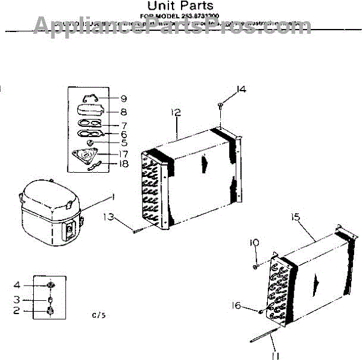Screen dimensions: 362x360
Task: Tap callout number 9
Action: point(123,99)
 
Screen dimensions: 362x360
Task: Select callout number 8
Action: point(123,112)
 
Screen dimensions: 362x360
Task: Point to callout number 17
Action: point(122,154)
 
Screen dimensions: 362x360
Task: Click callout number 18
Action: point(123,164)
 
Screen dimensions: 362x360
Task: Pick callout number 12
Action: point(176,112)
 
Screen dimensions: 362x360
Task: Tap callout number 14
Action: point(241,89)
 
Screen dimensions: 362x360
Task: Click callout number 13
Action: point(109,217)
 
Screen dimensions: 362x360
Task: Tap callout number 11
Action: point(276,355)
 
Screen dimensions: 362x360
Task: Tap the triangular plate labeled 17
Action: point(92,156)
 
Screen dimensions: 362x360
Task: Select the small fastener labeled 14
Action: point(221,106)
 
